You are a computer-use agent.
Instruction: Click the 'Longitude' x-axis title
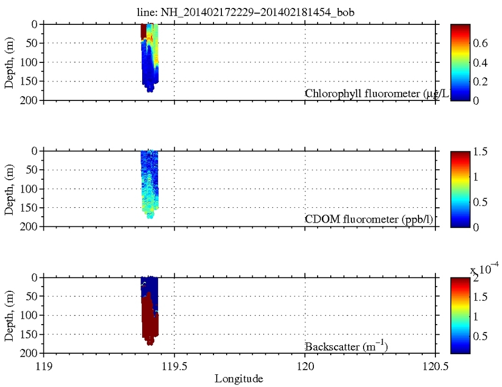(x=238, y=379)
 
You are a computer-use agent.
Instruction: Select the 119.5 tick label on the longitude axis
(x=174, y=365)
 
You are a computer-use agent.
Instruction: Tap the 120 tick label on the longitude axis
(x=305, y=365)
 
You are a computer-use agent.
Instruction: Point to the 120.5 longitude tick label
(x=435, y=365)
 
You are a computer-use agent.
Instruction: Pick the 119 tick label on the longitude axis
(x=43, y=365)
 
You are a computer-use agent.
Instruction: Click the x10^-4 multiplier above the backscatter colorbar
(x=482, y=270)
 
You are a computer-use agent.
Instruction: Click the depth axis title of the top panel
(x=10, y=62)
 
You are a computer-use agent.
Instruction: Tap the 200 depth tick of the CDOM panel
(x=30, y=227)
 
